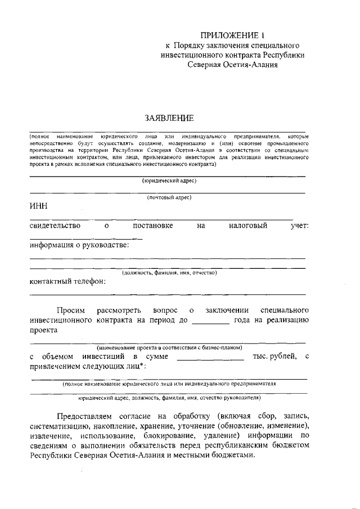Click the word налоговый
click(x=247, y=226)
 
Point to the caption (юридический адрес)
click(x=169, y=181)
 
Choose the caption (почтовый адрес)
click(x=169, y=197)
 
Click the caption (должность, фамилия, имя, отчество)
click(x=169, y=272)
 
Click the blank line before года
click(x=210, y=322)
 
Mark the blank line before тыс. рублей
click(x=210, y=357)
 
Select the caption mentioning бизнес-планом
click(x=169, y=347)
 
